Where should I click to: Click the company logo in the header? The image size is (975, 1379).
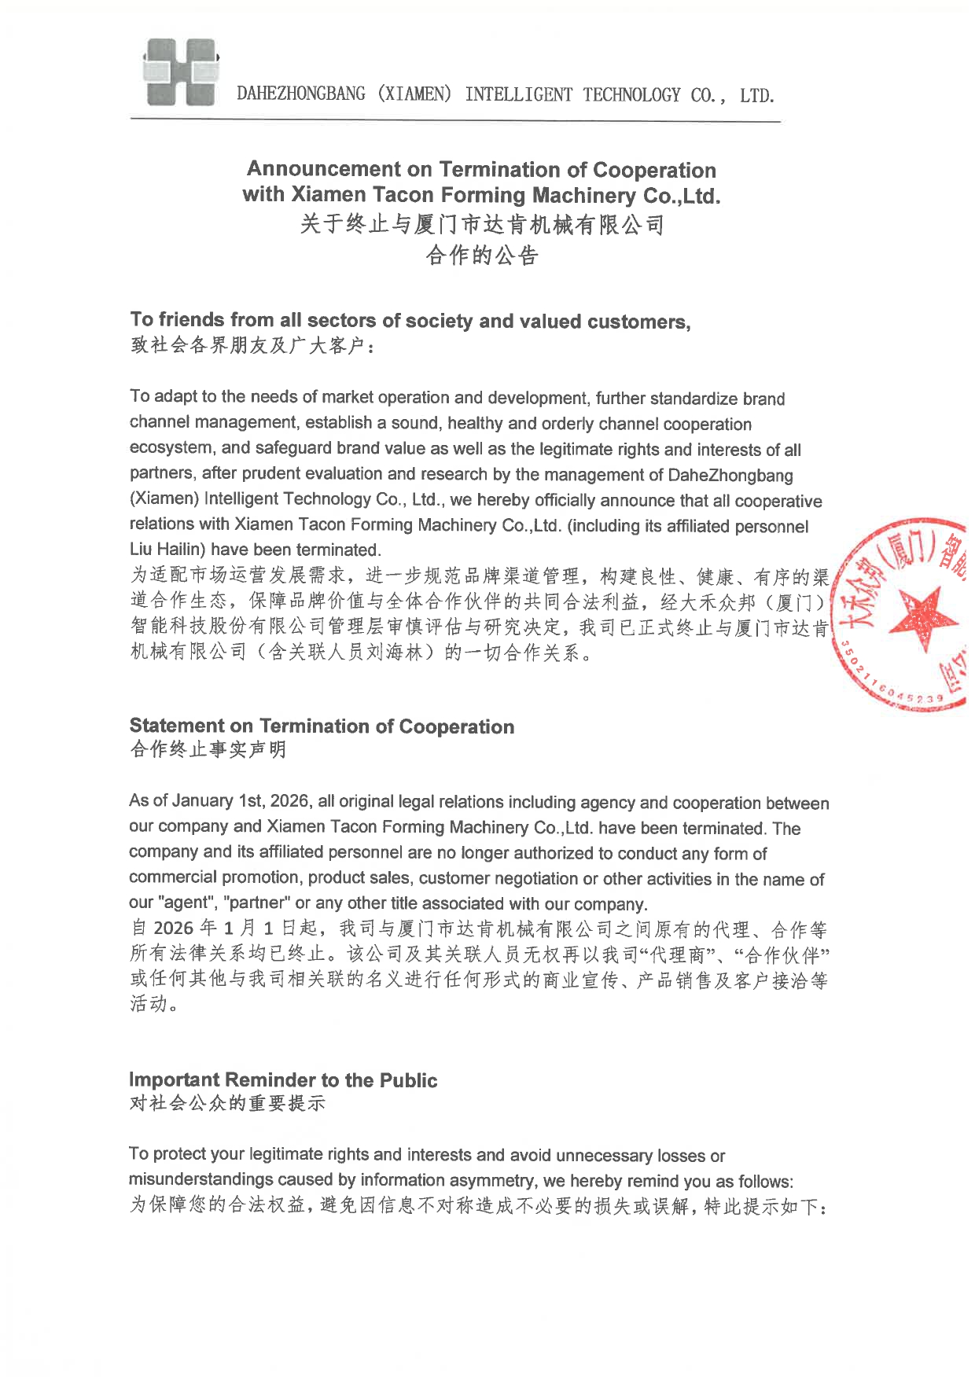tap(179, 72)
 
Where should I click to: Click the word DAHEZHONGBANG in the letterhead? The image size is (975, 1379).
tap(301, 94)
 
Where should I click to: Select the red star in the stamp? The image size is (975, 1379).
tap(926, 616)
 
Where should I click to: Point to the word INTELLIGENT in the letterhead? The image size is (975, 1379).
tap(519, 94)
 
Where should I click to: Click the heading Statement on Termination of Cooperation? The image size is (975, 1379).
tap(322, 726)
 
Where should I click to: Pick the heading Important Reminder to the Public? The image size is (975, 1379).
tap(283, 1079)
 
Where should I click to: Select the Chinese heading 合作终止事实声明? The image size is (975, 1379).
tap(208, 749)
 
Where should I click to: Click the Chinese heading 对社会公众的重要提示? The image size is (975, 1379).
tap(226, 1103)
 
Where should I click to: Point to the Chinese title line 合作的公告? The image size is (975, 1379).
tap(481, 256)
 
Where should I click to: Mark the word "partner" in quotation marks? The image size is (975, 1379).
tap(256, 903)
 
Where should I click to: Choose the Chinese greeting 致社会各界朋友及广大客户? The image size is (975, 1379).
tap(248, 345)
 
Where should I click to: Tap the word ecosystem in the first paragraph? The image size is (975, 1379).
tap(171, 448)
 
